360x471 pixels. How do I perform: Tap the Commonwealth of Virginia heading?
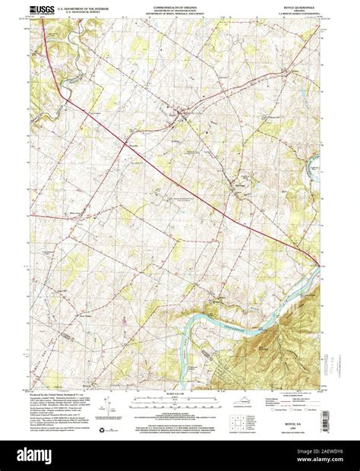[x=179, y=6]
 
